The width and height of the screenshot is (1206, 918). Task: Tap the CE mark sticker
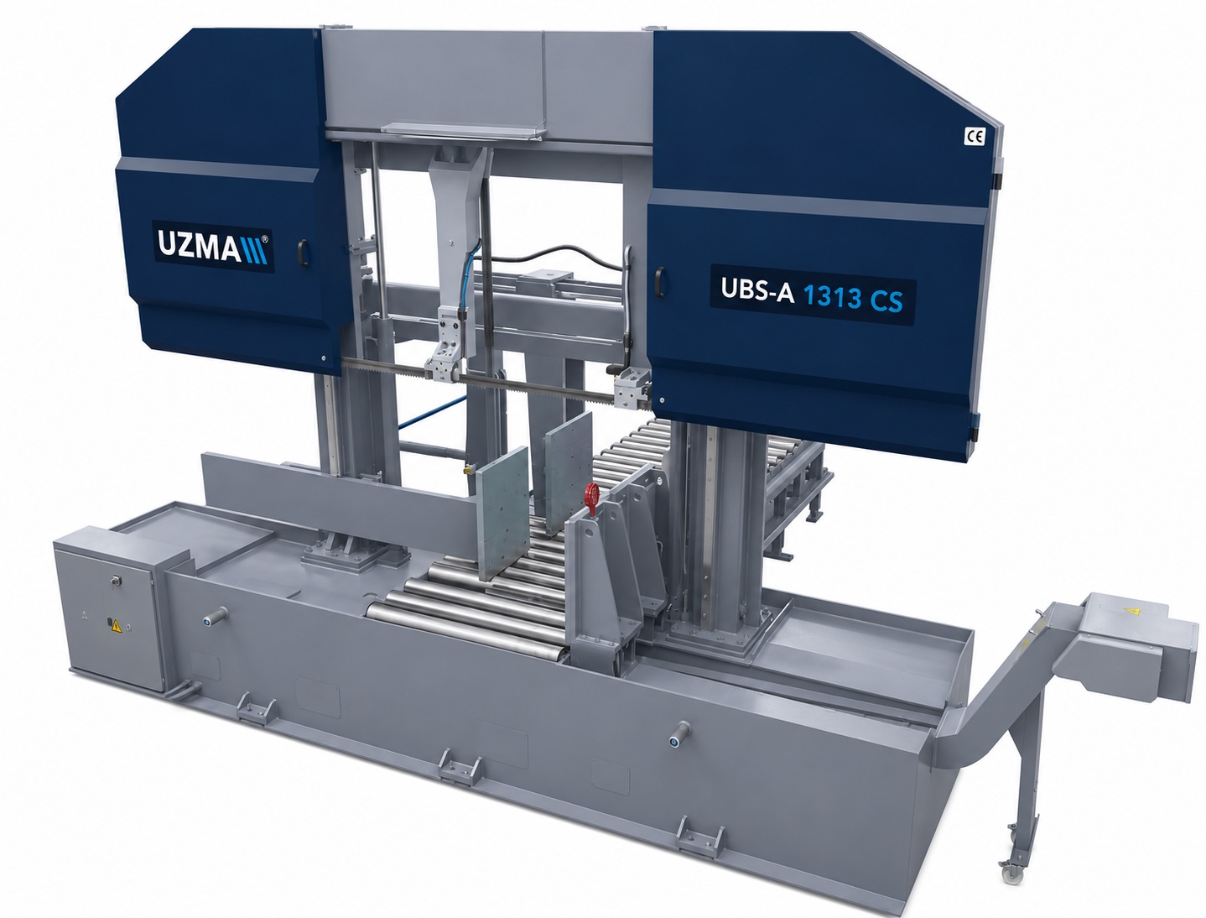975,136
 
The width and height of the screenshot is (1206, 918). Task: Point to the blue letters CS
886,301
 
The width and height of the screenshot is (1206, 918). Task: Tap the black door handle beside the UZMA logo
303,253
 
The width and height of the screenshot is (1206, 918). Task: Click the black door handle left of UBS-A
660,282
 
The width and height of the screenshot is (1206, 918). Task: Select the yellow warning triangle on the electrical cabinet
116,626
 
